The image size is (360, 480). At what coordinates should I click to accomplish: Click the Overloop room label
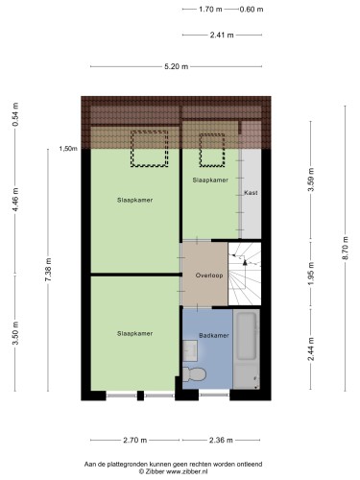point(209,276)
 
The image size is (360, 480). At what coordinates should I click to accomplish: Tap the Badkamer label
point(214,335)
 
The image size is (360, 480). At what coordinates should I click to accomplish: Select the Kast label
point(251,193)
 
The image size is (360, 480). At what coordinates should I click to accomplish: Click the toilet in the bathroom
point(194,374)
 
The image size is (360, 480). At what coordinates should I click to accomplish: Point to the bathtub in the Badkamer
point(247,349)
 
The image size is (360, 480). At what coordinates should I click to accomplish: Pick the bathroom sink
point(190,350)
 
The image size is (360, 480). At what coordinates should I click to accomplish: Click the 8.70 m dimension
point(345,249)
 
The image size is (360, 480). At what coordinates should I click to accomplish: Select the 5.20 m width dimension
point(176,66)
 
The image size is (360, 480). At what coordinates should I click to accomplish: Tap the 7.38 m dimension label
point(48,270)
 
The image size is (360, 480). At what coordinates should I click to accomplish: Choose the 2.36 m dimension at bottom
point(221,441)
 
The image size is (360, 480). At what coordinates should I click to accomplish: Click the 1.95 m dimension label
point(311,274)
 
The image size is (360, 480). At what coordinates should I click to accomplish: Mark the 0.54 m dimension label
point(15,114)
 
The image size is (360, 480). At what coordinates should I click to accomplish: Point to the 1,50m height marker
point(68,149)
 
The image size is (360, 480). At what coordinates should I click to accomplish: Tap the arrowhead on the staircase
point(245,262)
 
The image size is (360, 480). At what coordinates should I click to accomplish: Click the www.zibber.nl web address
point(186,471)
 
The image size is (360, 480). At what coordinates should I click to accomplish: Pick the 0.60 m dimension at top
point(252,10)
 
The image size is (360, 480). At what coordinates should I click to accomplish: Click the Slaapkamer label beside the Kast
point(210,180)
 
